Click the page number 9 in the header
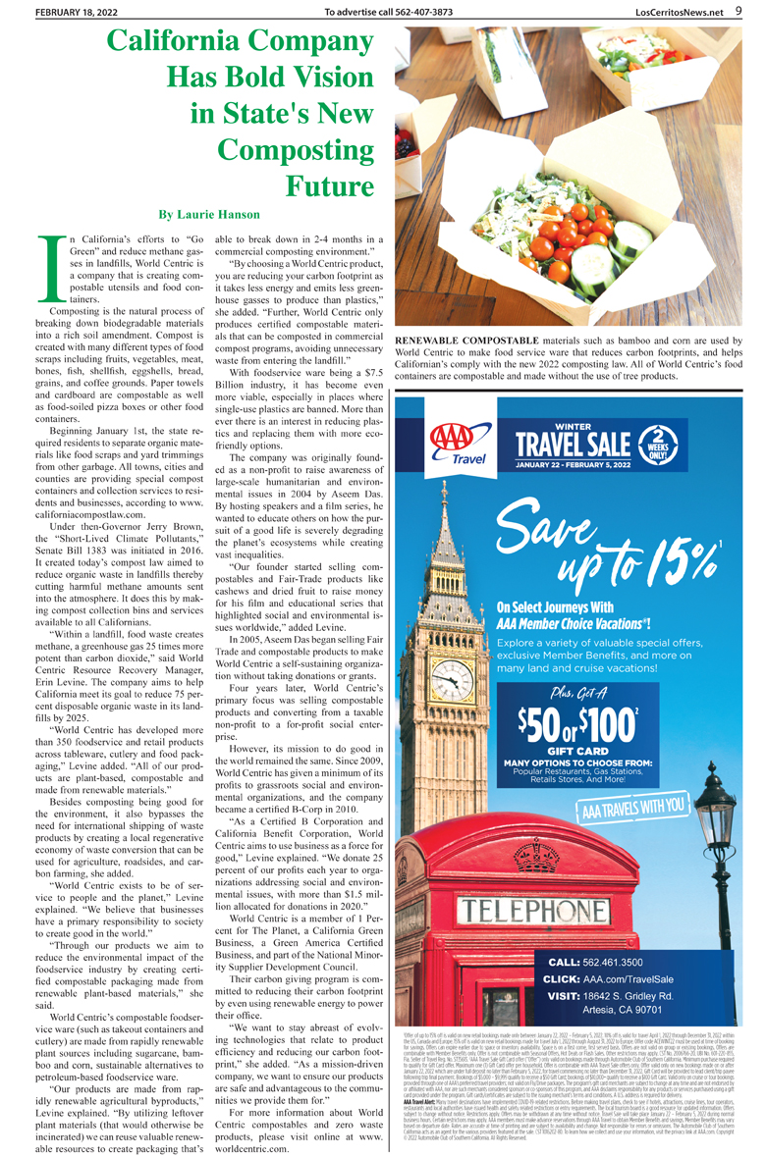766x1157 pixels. (x=738, y=11)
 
